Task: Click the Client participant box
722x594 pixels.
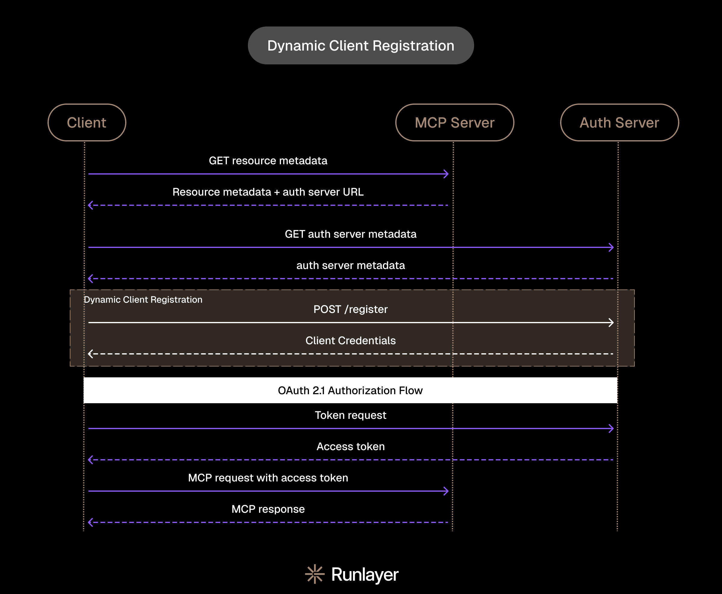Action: coord(87,122)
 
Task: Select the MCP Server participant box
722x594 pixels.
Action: coord(455,122)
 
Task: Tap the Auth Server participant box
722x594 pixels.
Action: coord(619,122)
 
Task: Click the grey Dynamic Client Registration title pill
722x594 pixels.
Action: coord(361,45)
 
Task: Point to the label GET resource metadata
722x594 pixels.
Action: coord(268,161)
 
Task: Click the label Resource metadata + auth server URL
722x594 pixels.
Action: coord(268,192)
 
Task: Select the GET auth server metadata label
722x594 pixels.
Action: coord(350,234)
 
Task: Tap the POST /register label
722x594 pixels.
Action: coord(350,309)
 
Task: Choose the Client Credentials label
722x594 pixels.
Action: coord(350,340)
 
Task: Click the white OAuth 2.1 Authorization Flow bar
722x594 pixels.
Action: coord(350,390)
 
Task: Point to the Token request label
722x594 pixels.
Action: coord(350,415)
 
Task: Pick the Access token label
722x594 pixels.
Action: coord(350,447)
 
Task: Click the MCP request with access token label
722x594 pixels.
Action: coord(268,478)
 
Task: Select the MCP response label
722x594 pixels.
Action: coord(268,509)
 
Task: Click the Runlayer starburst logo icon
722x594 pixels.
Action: coord(315,574)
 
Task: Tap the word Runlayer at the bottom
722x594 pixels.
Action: coord(365,574)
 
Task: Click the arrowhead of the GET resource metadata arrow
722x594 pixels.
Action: coord(446,174)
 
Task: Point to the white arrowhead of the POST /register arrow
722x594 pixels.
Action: coord(612,322)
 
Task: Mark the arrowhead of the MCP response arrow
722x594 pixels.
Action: coord(91,522)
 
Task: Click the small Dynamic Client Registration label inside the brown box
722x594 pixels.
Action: coord(143,300)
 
